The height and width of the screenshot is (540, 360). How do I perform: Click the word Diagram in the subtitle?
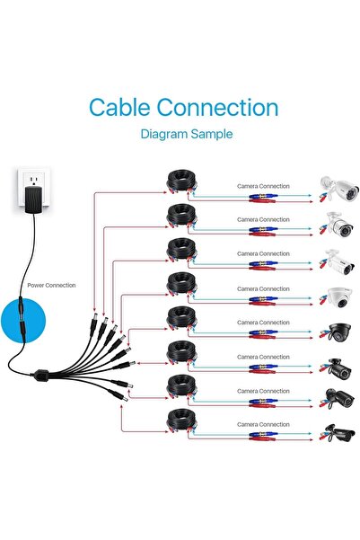click(166, 134)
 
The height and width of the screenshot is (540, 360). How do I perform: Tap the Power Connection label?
click(52, 286)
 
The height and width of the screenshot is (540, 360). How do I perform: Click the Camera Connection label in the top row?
click(263, 184)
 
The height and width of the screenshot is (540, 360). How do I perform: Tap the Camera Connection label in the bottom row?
click(263, 422)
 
